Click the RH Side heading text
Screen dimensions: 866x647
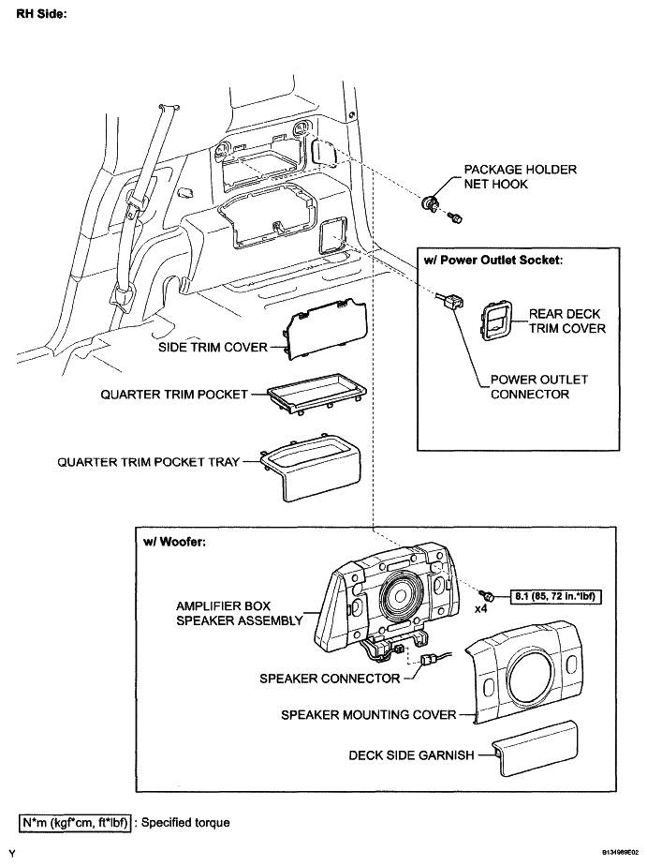[x=40, y=16]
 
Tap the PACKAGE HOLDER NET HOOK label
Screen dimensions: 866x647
[x=520, y=176]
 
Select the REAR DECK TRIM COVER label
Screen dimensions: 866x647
[x=566, y=321]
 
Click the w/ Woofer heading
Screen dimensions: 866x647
[x=178, y=542]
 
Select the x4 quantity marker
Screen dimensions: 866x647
[x=481, y=609]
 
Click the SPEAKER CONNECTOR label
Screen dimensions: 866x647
[x=330, y=679]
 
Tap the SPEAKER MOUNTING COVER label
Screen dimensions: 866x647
[x=368, y=715]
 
